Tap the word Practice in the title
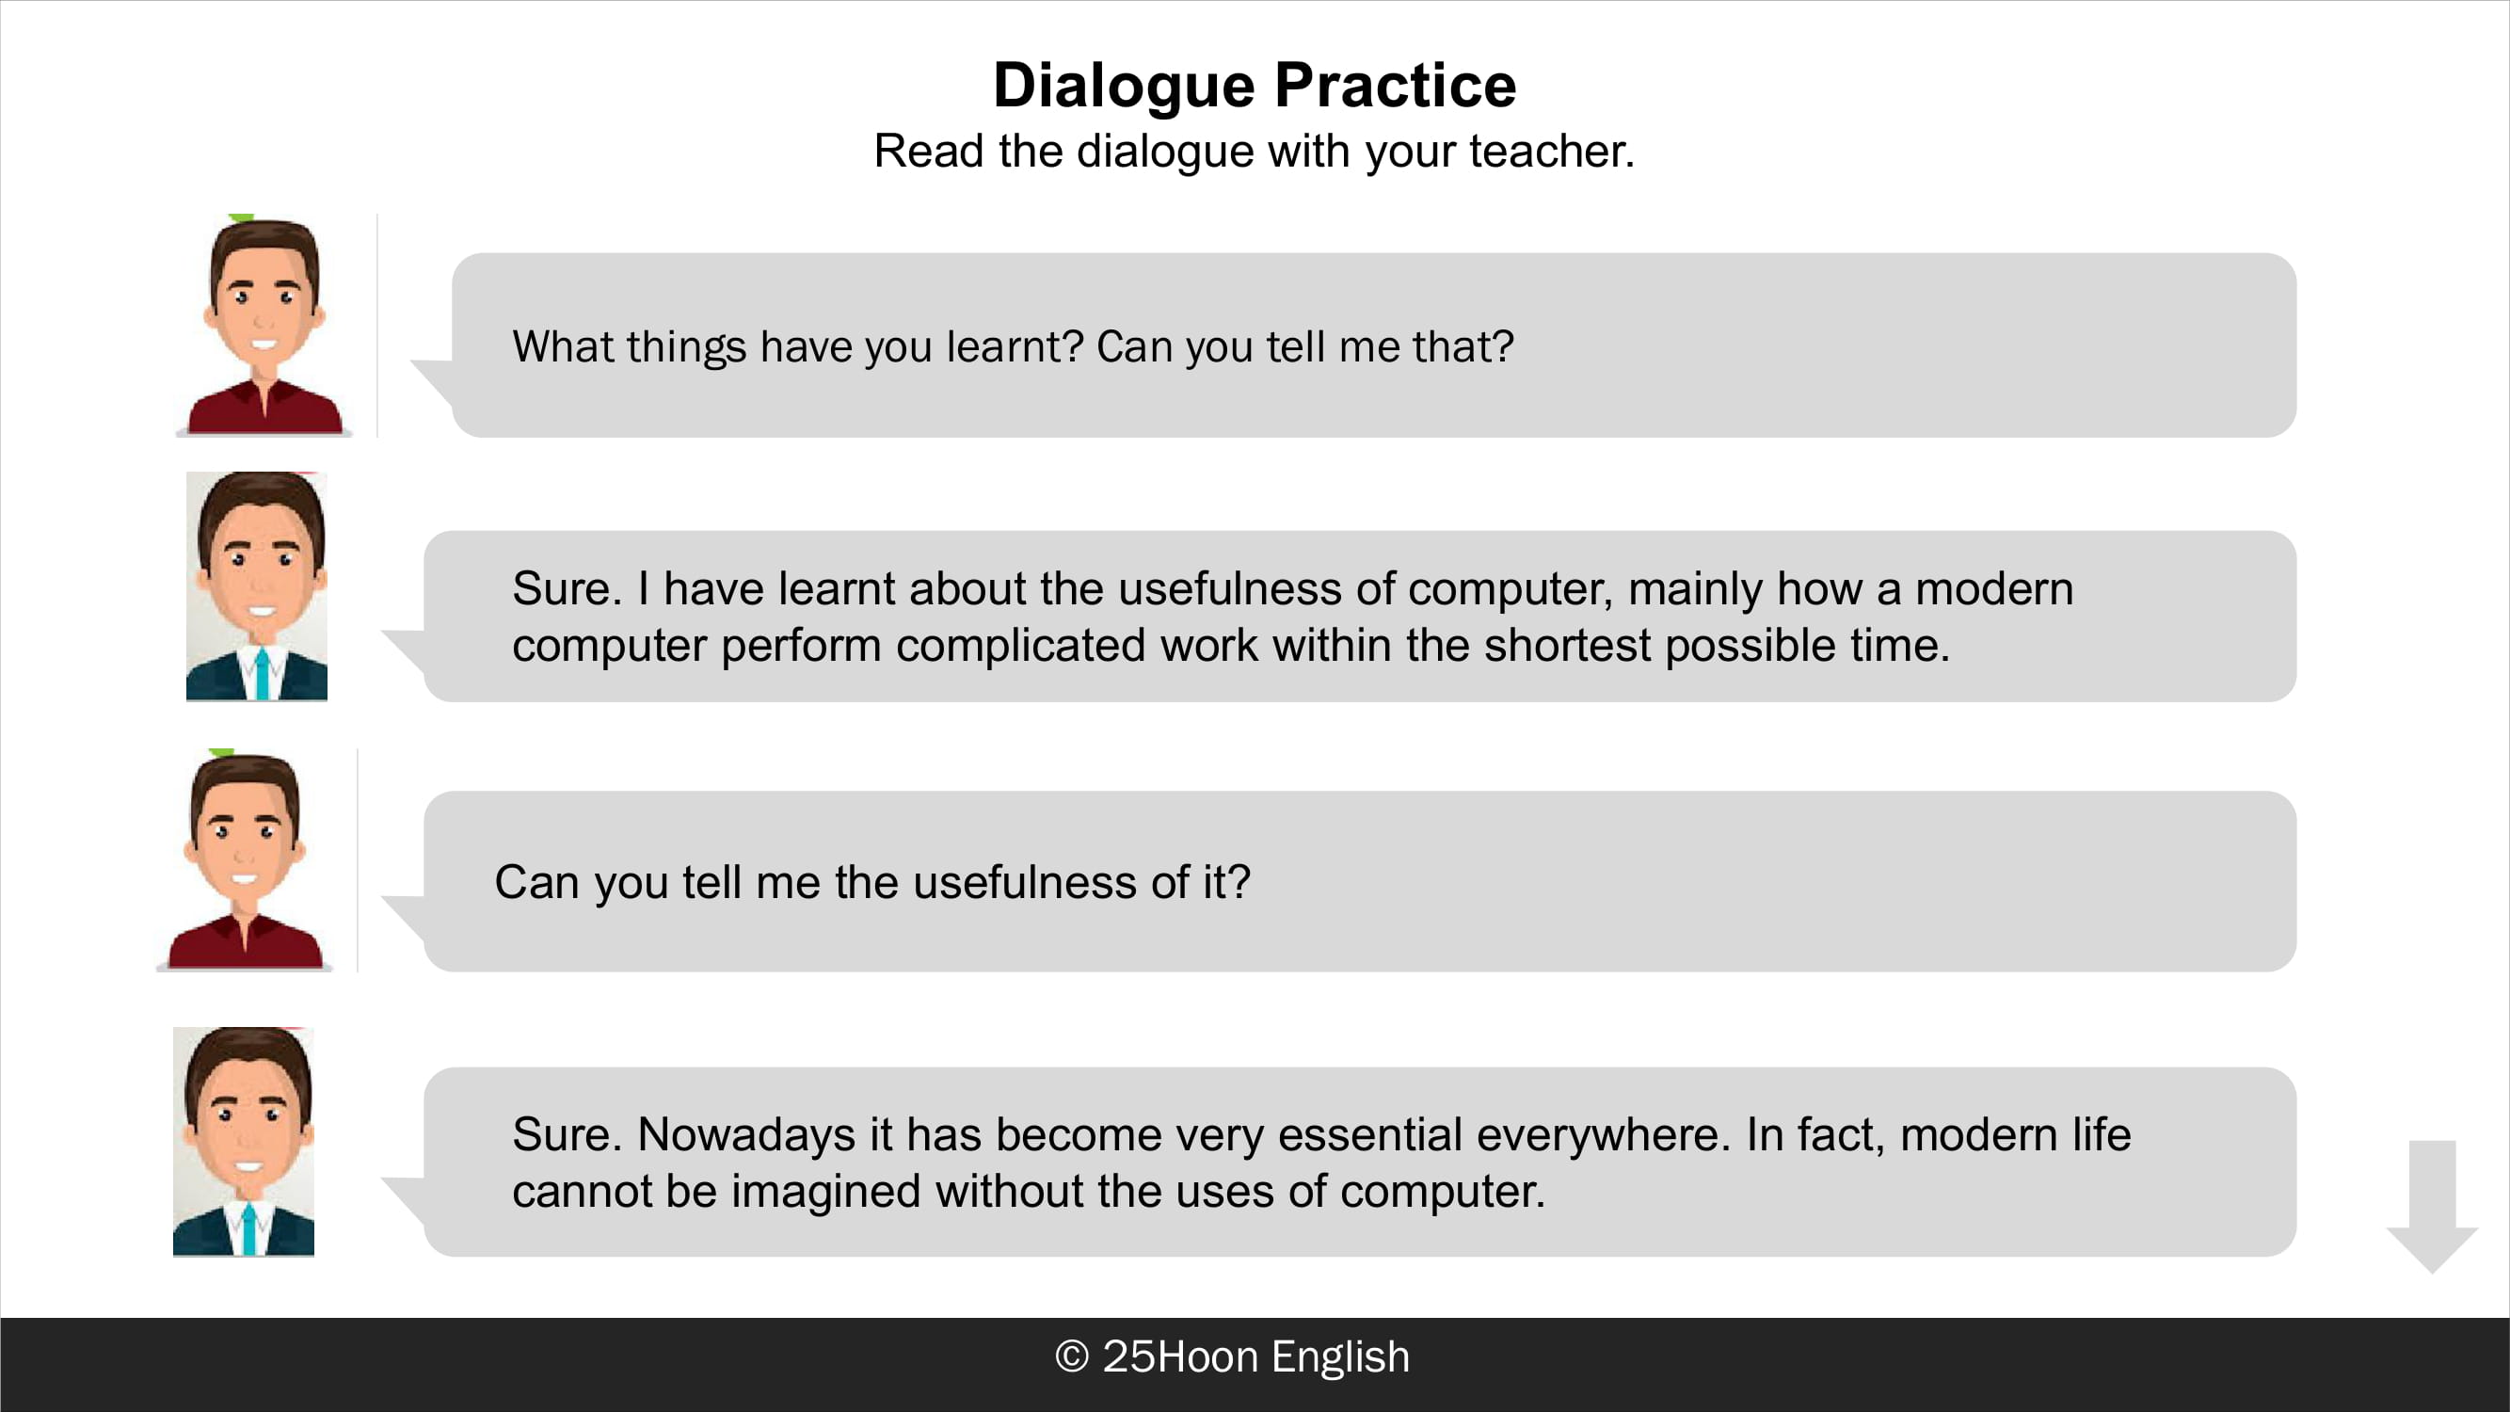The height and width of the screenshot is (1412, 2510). (x=1396, y=85)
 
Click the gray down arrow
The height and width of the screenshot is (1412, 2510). (x=2432, y=1207)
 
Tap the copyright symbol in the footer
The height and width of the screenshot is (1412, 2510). (x=1072, y=1356)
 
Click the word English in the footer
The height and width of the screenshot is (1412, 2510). (x=1341, y=1357)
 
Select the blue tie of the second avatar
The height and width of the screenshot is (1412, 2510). (x=261, y=673)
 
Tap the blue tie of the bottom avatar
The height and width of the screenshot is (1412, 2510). (x=248, y=1228)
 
